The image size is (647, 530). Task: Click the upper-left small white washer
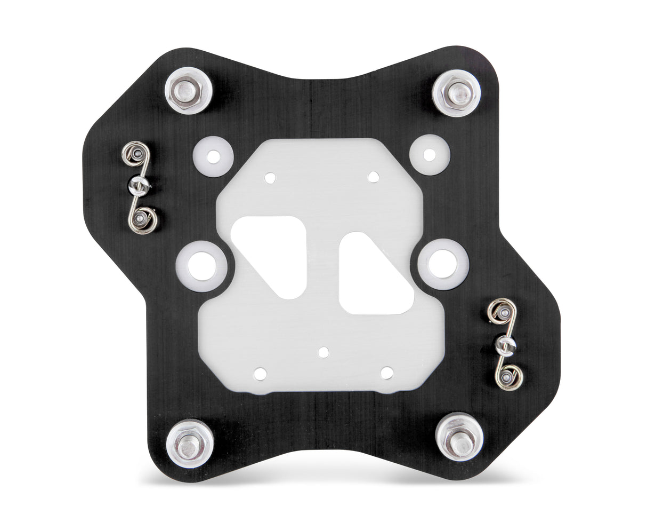[x=213, y=156]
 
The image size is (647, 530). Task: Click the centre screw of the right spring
[x=505, y=346]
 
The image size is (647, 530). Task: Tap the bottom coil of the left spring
[x=143, y=218]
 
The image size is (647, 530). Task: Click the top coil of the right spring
[x=501, y=312]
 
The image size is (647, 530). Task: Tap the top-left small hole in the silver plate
[x=270, y=178]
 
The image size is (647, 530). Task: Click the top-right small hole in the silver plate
[x=374, y=177]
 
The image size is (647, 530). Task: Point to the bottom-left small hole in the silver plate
[x=260, y=374]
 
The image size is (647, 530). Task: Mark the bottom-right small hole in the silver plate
[x=387, y=373]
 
